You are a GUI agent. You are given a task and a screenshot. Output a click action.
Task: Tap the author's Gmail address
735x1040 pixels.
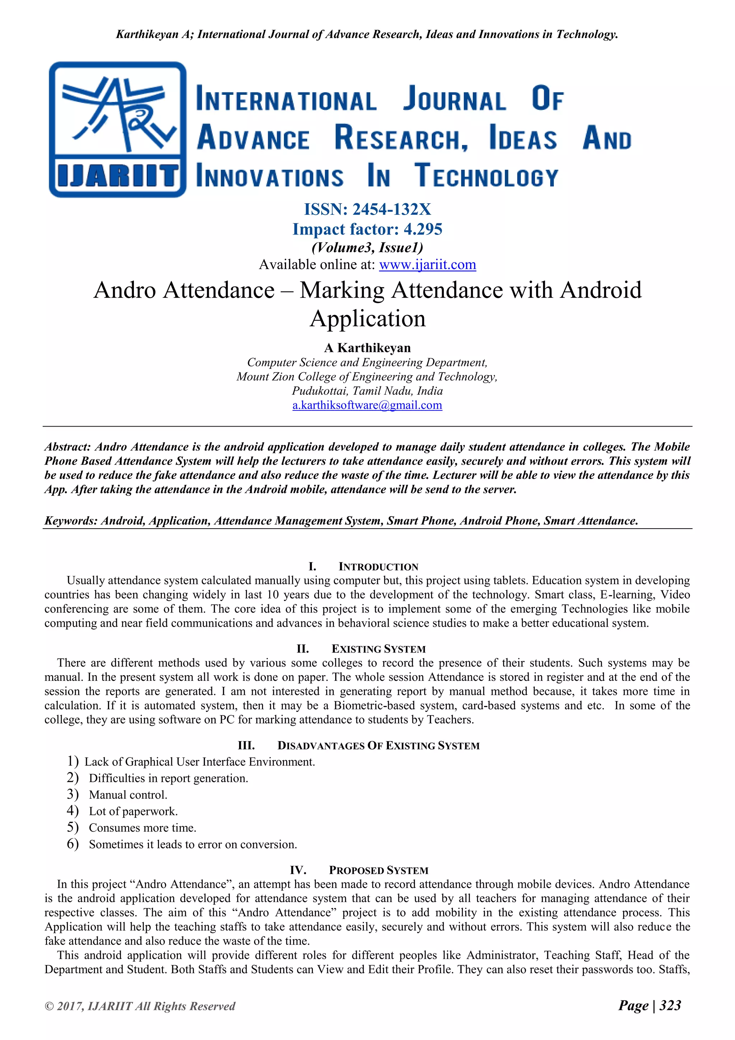(x=367, y=405)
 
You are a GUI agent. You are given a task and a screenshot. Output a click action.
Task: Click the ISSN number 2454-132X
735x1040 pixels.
(x=392, y=209)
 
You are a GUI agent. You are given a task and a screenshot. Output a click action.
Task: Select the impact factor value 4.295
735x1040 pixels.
(x=423, y=229)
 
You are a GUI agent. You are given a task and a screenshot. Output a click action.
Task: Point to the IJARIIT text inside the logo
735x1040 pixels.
(x=118, y=176)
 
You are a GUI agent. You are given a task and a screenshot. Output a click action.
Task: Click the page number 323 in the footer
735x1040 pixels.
(x=670, y=1005)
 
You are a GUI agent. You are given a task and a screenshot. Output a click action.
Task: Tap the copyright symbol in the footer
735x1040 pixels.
(x=49, y=1006)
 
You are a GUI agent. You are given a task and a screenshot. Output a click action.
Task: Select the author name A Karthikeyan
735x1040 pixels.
(x=367, y=348)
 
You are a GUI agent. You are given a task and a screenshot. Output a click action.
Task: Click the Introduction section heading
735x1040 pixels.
(x=378, y=567)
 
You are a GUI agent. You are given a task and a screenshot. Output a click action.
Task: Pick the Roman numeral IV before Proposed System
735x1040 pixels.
(x=298, y=870)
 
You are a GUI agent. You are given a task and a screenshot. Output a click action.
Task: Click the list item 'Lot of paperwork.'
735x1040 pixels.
(x=133, y=811)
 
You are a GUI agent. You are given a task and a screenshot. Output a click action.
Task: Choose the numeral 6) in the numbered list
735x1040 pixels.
(x=72, y=844)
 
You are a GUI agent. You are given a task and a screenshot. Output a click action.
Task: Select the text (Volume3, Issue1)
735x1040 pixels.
(x=367, y=247)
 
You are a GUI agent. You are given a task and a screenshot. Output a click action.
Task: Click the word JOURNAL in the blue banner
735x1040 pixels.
(x=454, y=99)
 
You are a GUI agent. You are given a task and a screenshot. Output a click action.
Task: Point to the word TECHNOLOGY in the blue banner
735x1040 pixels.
(x=487, y=177)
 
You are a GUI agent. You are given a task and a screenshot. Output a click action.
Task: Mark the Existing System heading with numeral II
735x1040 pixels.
(x=378, y=649)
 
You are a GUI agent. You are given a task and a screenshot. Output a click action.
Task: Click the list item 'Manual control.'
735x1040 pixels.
(x=128, y=794)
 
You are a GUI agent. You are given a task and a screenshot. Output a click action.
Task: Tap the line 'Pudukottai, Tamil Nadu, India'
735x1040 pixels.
(x=367, y=391)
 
